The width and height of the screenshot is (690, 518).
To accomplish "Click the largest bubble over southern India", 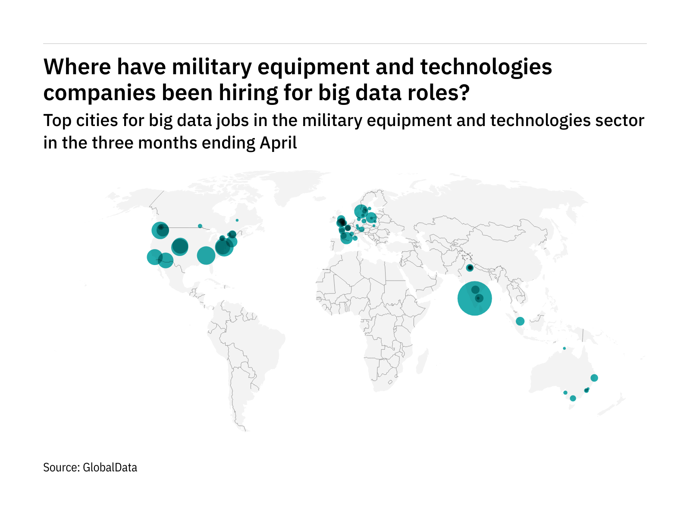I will pyautogui.click(x=474, y=298).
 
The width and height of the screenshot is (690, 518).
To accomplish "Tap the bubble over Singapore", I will pyautogui.click(x=520, y=321).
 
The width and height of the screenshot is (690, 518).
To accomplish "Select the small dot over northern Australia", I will pyautogui.click(x=564, y=348).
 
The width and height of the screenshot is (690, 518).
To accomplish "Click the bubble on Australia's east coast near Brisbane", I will pyautogui.click(x=594, y=378).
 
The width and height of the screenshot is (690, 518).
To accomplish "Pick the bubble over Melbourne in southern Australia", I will pyautogui.click(x=573, y=398).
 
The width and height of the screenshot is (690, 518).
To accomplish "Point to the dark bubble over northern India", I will pyautogui.click(x=470, y=268).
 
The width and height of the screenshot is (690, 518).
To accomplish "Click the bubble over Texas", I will pyautogui.click(x=206, y=255).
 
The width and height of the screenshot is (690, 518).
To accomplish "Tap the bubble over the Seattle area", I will pyautogui.click(x=160, y=230).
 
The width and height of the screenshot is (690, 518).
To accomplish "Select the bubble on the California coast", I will pyautogui.click(x=154, y=257).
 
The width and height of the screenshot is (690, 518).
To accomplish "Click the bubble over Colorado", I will pyautogui.click(x=180, y=247).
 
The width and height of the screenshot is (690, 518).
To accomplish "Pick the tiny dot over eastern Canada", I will pyautogui.click(x=237, y=220).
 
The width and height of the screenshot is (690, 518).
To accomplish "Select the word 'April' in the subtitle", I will pyautogui.click(x=278, y=143).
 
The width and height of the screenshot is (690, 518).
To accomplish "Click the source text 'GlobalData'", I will pyautogui.click(x=110, y=467).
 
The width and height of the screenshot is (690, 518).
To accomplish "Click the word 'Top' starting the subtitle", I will pyautogui.click(x=58, y=120).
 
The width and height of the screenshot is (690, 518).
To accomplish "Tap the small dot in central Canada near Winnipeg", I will pyautogui.click(x=200, y=226).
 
